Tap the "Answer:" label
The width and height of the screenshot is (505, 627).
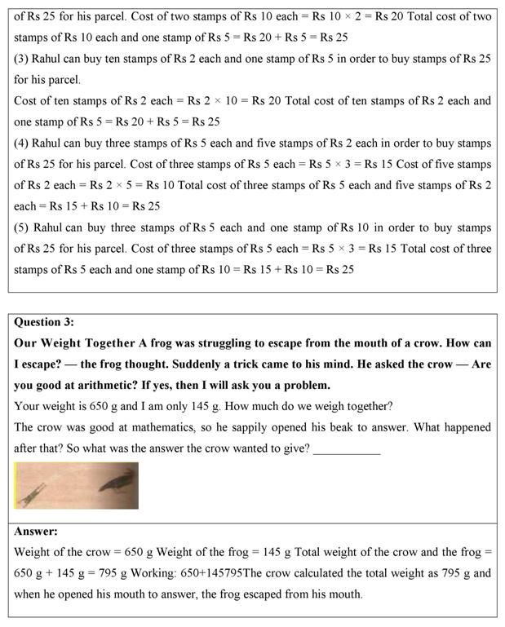click(x=36, y=531)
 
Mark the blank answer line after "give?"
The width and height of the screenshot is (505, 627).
click(x=347, y=448)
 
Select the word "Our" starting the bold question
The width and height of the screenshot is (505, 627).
click(x=26, y=342)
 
